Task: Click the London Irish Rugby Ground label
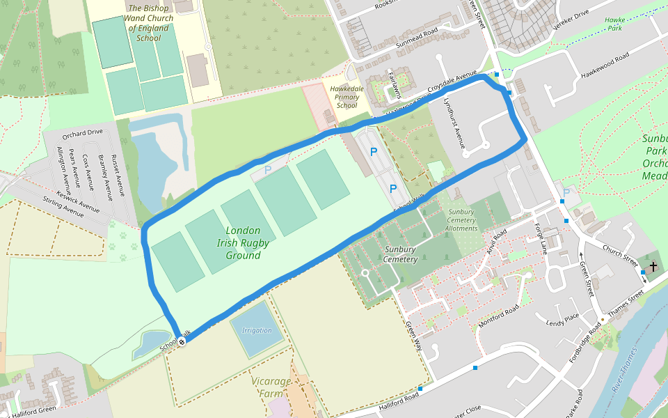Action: tap(243, 242)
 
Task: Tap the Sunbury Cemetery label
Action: tap(401, 254)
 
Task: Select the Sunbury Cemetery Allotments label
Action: tap(461, 220)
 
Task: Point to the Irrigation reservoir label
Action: tap(257, 330)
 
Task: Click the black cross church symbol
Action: tap(653, 267)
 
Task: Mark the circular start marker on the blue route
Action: tap(181, 341)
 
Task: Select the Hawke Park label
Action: tap(614, 24)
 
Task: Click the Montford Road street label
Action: tap(499, 317)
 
